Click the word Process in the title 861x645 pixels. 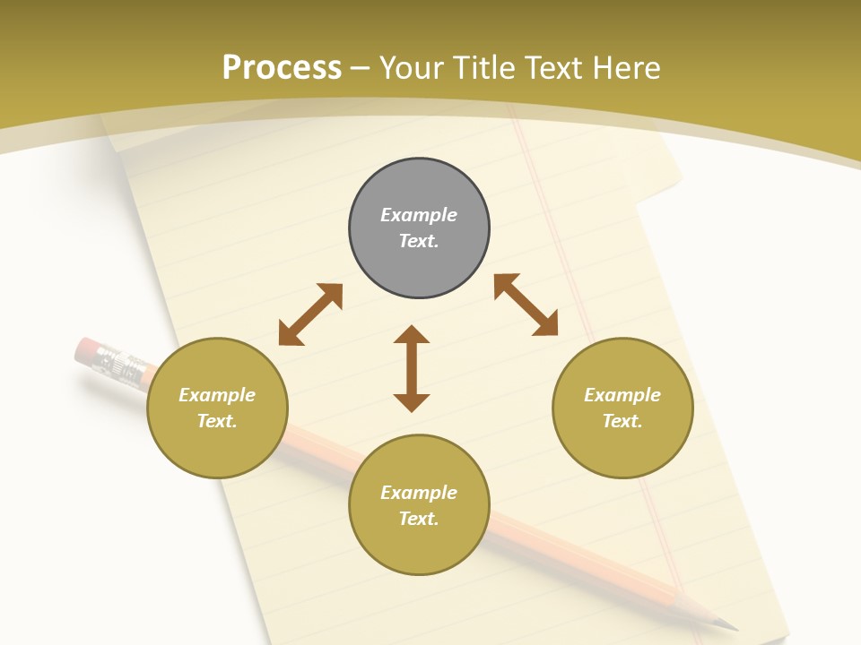[282, 68]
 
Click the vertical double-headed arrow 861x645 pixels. [412, 368]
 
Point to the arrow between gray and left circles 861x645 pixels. [310, 314]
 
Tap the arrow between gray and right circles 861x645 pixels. [526, 305]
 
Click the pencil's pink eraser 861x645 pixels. [87, 349]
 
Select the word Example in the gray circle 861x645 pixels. [419, 215]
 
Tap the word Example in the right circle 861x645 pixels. [622, 395]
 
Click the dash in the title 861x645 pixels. [361, 68]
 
